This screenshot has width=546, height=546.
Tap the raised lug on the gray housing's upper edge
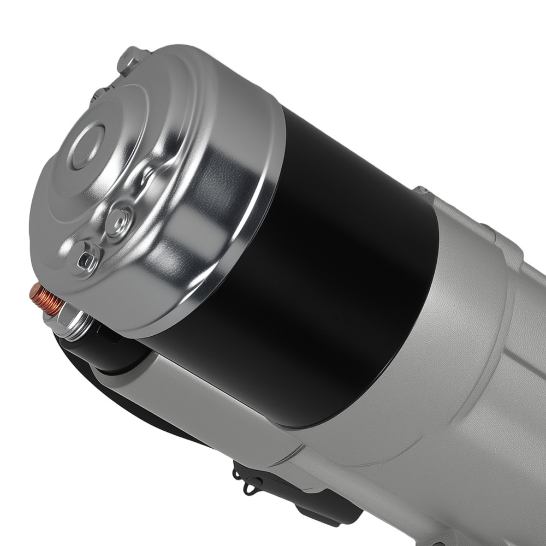pyautogui.click(x=423, y=191)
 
